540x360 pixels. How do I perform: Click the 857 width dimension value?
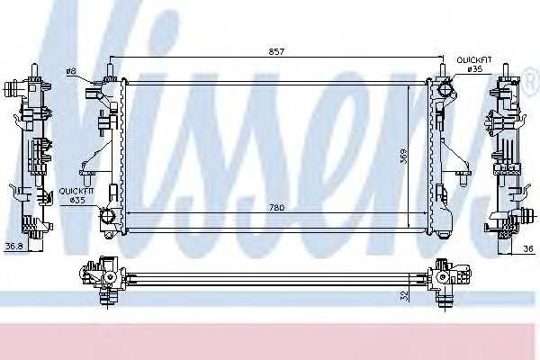(276, 51)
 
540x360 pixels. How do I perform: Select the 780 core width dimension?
(276, 208)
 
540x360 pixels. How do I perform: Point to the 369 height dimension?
(403, 157)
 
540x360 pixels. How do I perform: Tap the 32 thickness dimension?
(404, 295)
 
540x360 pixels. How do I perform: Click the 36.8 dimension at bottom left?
(14, 247)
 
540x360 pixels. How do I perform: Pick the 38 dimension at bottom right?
(528, 248)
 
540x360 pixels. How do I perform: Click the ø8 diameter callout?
(71, 72)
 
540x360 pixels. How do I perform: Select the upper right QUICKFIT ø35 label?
(474, 65)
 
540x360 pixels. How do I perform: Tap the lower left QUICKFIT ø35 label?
(76, 195)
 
